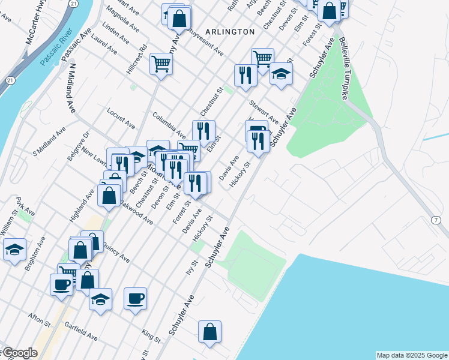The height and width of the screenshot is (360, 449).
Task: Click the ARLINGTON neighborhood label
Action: tap(229, 31)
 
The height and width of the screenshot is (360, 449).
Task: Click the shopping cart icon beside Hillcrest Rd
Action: tap(161, 62)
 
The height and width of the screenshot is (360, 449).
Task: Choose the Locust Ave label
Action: tap(121, 118)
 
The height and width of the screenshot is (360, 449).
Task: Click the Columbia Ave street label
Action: tap(169, 124)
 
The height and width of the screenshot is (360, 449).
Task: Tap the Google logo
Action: tap(19, 353)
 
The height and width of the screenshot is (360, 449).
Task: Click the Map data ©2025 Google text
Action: tap(411, 355)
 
